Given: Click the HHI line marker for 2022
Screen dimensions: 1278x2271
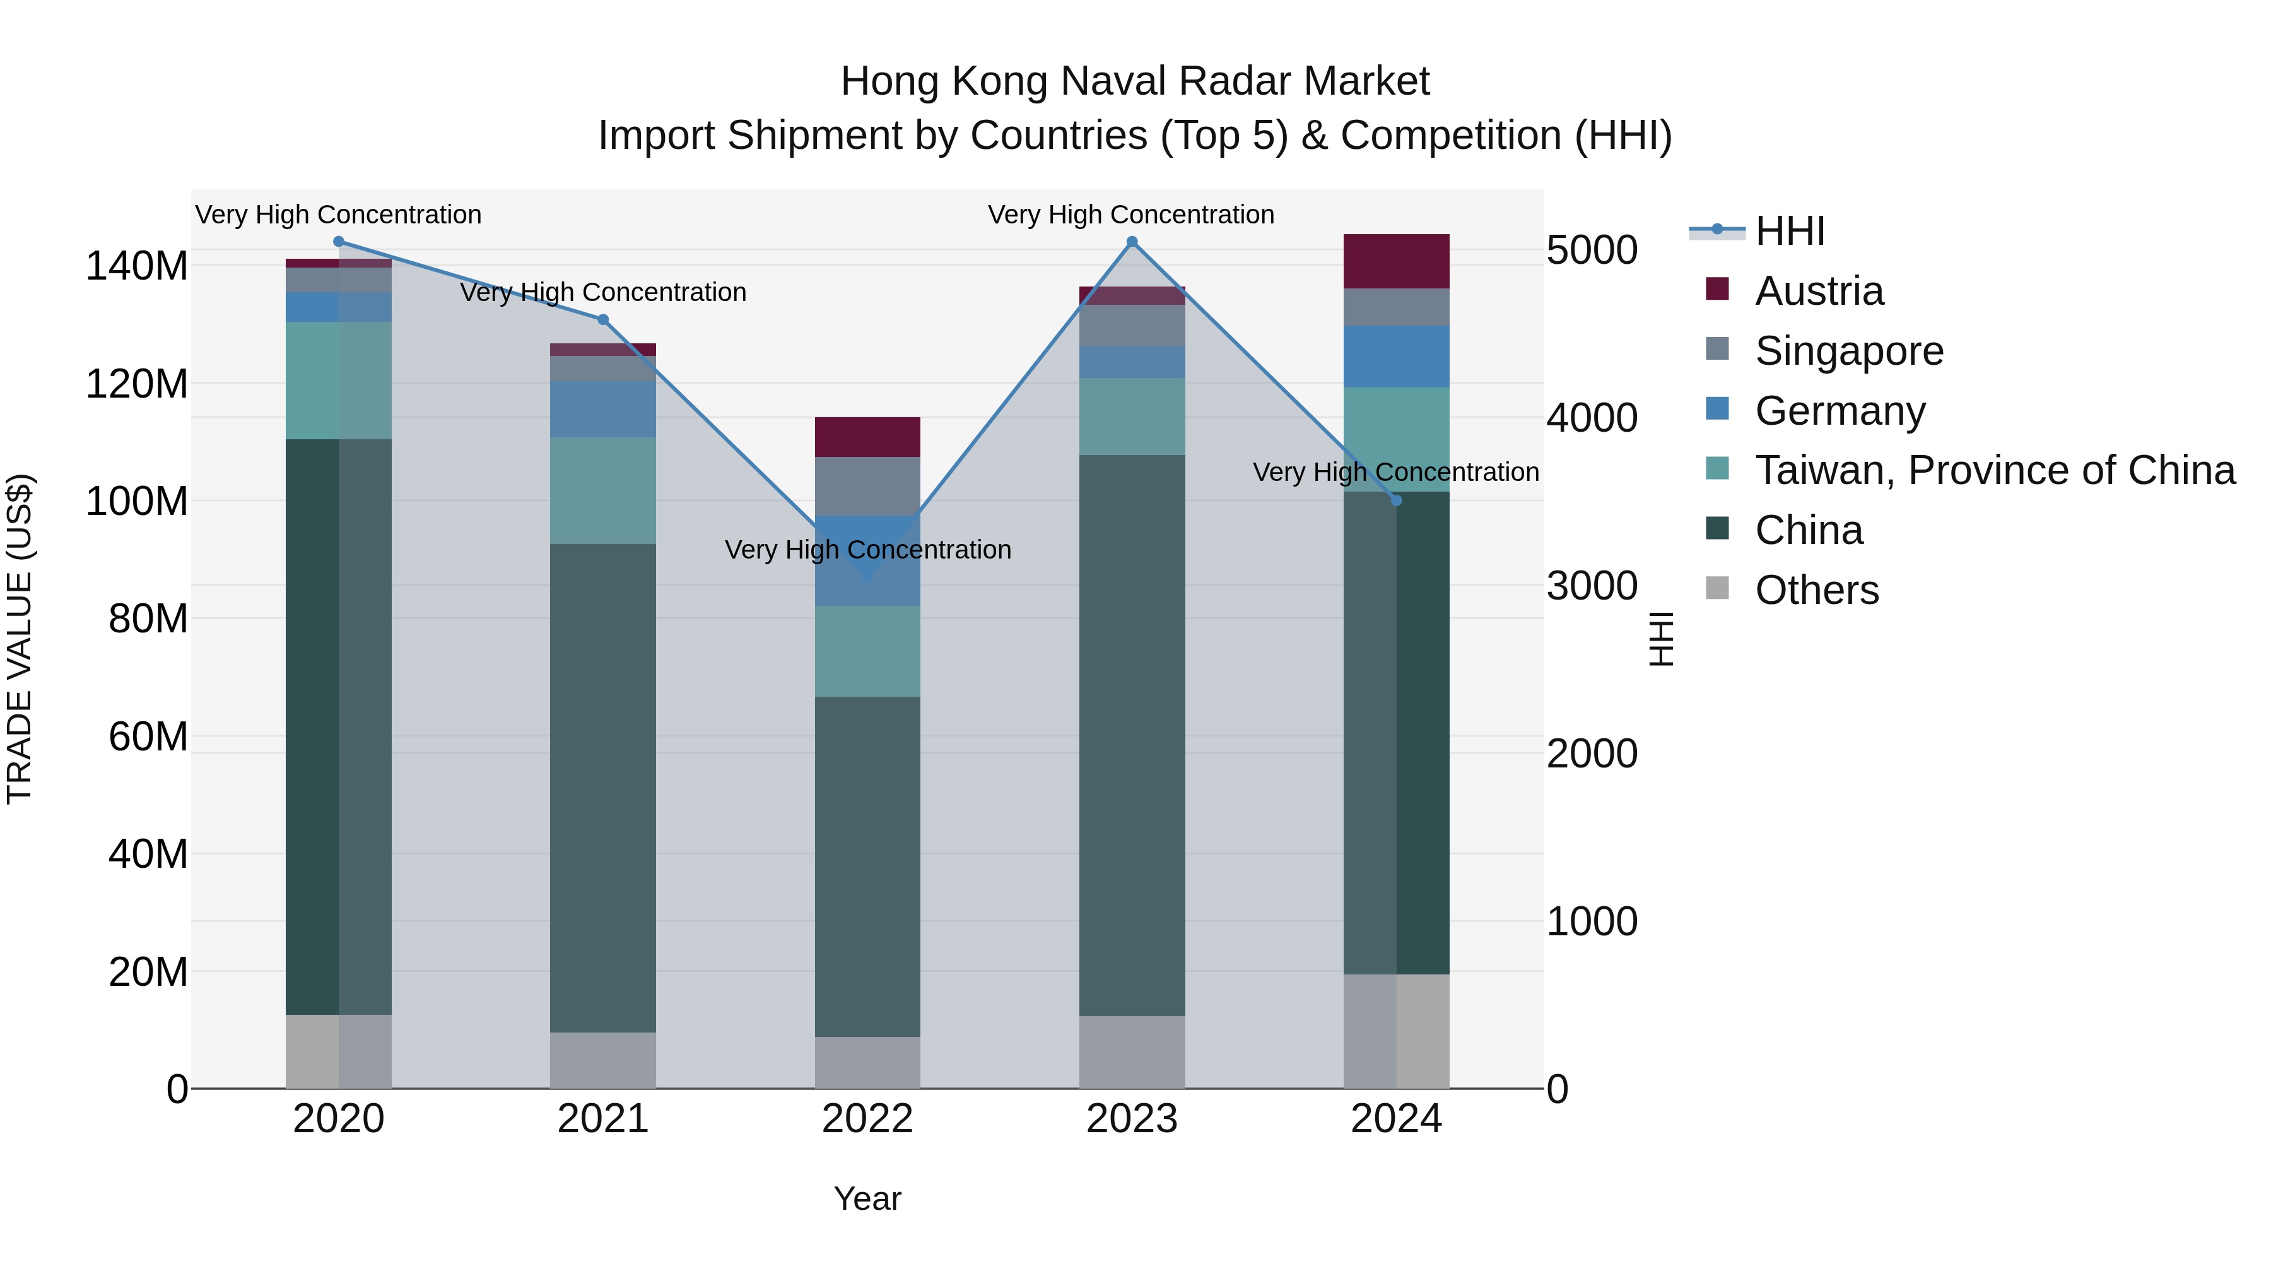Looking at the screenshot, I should tap(867, 576).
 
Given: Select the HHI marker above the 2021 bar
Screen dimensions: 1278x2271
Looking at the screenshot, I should tap(603, 319).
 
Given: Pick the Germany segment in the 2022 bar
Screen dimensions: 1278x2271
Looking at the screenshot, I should tap(867, 561).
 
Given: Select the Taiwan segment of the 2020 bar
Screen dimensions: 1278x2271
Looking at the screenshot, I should tap(339, 380).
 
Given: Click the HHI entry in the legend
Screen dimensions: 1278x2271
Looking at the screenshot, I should tap(1789, 231).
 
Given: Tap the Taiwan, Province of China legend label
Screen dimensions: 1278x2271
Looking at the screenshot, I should tap(1994, 470).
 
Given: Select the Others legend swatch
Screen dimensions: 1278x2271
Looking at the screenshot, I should tap(1717, 588).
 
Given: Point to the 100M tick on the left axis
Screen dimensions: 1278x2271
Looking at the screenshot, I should tap(137, 501).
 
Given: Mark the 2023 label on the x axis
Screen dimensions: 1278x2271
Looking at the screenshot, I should tap(1131, 1118).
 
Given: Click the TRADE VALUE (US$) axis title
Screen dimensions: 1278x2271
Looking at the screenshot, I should tap(20, 639).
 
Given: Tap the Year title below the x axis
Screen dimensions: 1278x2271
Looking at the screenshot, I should tap(867, 1198).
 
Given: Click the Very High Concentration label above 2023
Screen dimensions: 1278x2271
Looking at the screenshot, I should tap(1131, 215).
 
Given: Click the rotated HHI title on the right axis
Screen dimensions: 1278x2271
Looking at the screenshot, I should tap(1660, 639).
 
